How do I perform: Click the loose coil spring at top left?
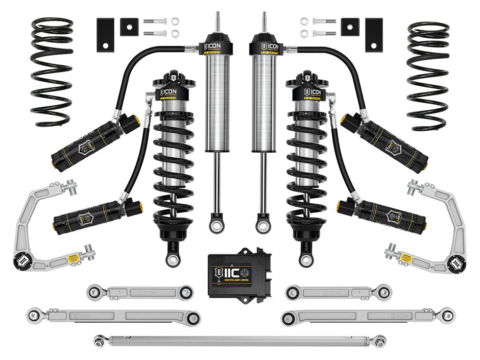point(52,71)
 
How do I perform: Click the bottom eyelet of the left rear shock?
point(214,223)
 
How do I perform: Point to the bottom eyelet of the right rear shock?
point(263,223)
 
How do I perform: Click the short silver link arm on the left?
point(139,292)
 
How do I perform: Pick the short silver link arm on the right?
point(339,292)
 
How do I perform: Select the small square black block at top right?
point(350,27)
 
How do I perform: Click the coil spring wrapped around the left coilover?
point(173,163)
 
